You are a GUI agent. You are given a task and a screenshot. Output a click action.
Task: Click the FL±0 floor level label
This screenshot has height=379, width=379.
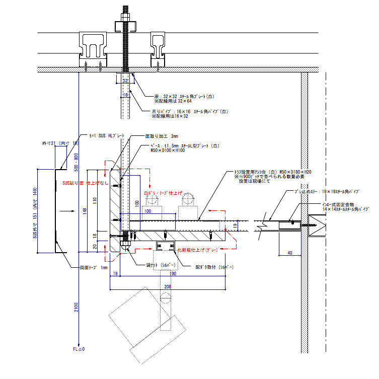click(79, 348)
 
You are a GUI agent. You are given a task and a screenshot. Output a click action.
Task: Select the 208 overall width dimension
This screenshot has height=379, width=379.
click(167, 286)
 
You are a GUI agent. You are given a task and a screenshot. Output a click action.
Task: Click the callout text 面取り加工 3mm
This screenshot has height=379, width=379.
click(162, 136)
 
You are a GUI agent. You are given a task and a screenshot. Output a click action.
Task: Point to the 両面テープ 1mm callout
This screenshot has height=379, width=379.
click(89, 267)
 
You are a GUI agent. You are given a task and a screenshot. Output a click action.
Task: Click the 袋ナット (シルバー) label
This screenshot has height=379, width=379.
click(161, 264)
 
